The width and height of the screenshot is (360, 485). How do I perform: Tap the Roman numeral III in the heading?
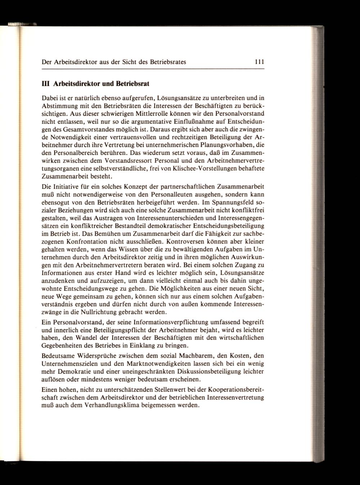(46, 84)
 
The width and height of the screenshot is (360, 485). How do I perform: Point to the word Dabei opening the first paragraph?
(50, 98)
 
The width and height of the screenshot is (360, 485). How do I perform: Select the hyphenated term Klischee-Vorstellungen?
(197, 169)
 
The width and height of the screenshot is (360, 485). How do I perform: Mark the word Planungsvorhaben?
(220, 145)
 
